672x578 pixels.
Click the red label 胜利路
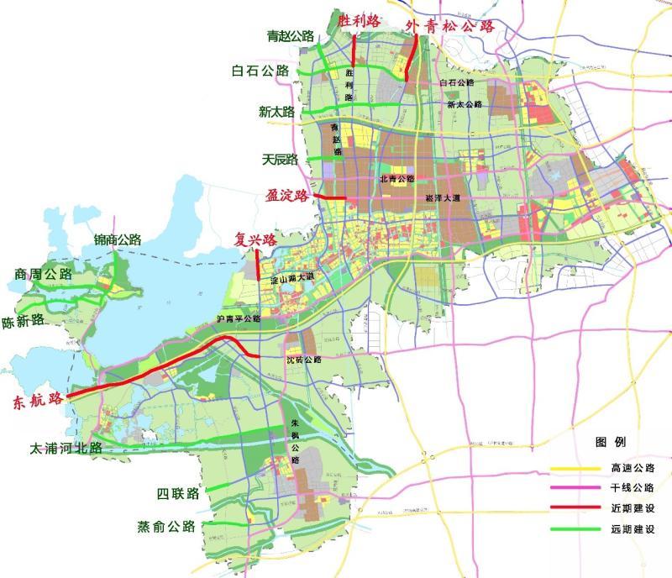coord(358,21)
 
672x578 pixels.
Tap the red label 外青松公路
coord(450,25)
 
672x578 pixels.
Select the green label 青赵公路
coord(291,36)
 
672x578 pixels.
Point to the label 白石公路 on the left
coord(260,71)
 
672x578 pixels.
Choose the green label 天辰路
coord(281,160)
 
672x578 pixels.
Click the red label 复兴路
coord(256,240)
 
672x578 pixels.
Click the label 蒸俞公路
coord(166,528)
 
